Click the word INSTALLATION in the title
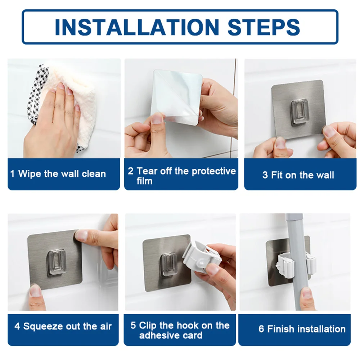pos(137,27)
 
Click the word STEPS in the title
pos(264,27)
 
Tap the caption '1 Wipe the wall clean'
pos(58,174)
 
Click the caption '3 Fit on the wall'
pos(298,175)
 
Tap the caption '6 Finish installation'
pos(302,329)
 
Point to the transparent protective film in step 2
pos(176,96)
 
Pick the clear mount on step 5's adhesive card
pos(168,265)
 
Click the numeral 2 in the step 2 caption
pos(131,171)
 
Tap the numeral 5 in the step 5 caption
pos(133,325)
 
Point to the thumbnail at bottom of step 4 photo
pos(35,291)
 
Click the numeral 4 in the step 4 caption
pos(17,326)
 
